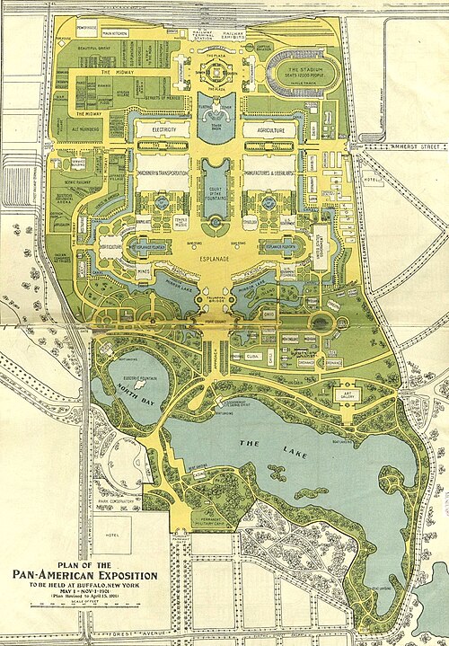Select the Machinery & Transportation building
coord(163,173)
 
